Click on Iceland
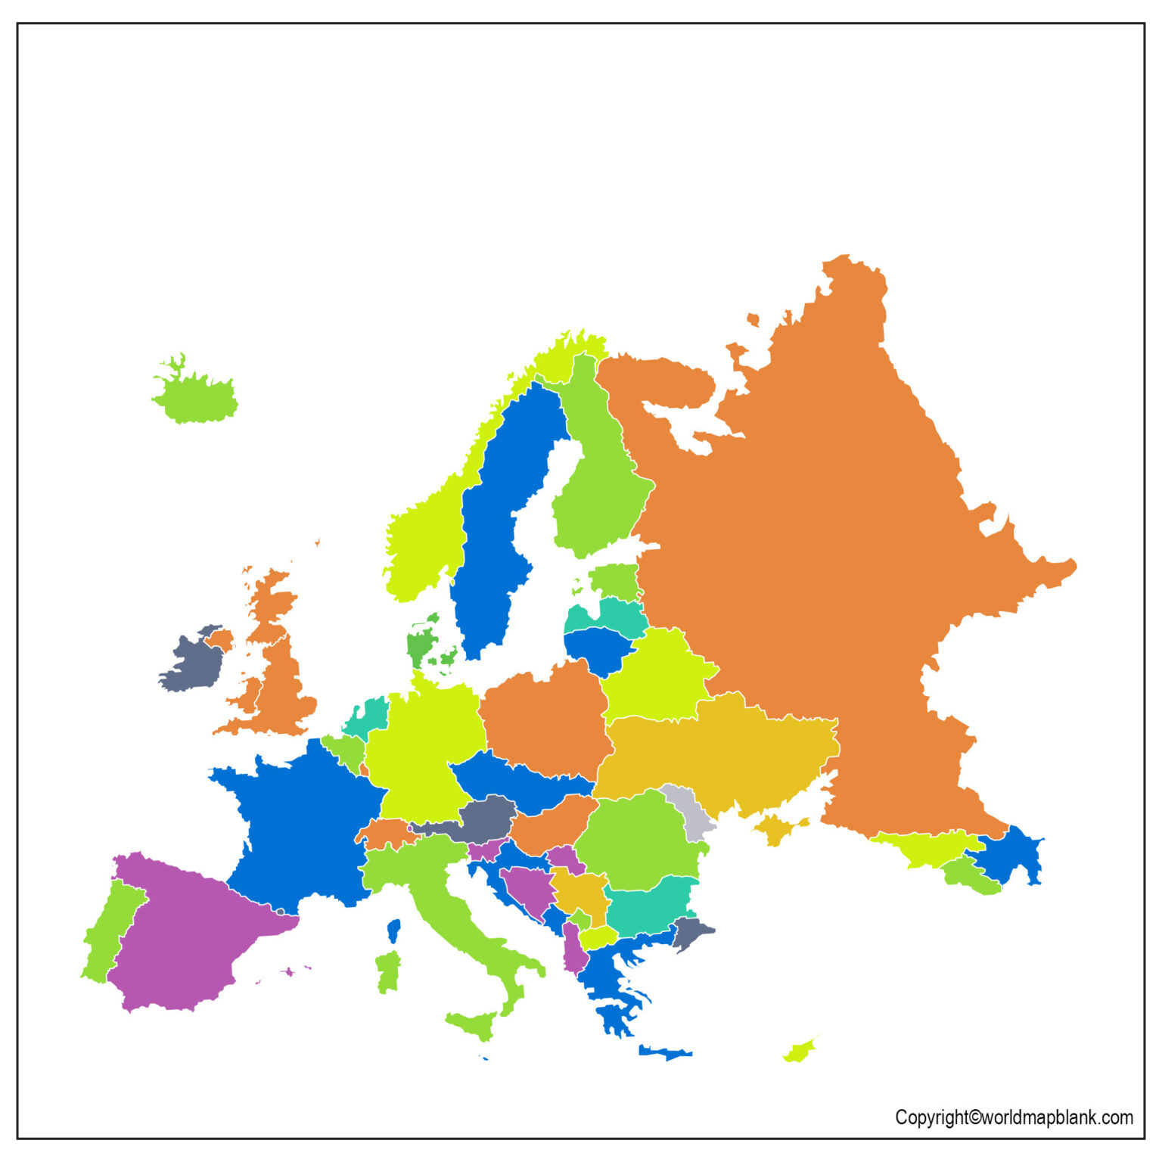[x=195, y=396]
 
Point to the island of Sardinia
[x=388, y=972]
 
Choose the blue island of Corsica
[x=393, y=930]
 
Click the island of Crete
[x=664, y=1052]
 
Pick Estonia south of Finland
[x=614, y=581]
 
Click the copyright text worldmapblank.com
[x=1014, y=1117]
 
